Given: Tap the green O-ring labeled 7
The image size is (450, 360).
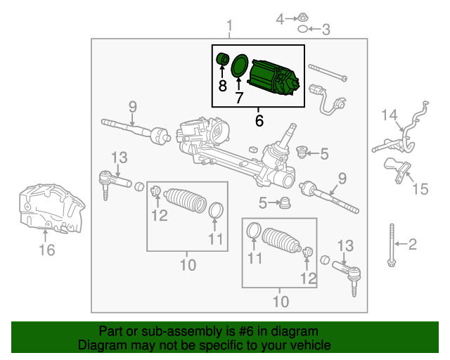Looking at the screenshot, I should (238, 66).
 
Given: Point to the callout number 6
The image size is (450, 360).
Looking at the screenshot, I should (259, 121).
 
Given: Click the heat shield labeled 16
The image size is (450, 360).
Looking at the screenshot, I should (49, 207).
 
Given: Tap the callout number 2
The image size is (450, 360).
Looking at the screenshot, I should (413, 244).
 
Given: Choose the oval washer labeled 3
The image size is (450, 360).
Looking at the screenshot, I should (302, 30).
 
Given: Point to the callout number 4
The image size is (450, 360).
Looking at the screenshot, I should (280, 19).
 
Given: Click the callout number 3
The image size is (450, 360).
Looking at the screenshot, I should (325, 30).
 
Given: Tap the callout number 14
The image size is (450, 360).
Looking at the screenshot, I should (390, 115).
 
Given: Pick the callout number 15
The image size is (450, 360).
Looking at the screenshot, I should (420, 188).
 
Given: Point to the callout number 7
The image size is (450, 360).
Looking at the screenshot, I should (238, 98).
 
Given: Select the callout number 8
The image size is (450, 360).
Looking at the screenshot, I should (222, 86).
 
